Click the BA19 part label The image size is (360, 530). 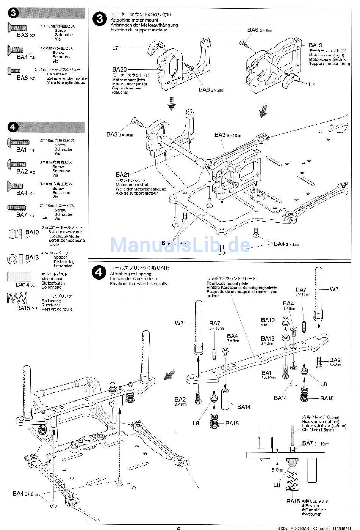pyautogui.click(x=315, y=45)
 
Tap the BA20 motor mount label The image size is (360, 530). pyautogui.click(x=119, y=69)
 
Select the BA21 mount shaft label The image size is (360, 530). pyautogui.click(x=122, y=175)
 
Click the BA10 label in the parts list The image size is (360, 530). pyautogui.click(x=32, y=232)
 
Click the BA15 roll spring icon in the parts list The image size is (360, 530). pyautogui.click(x=17, y=299)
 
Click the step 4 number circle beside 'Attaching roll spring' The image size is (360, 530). pyautogui.click(x=99, y=272)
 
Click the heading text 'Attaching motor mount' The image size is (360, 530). pyautogui.click(x=135, y=20)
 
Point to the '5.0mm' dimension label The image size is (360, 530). pyautogui.click(x=277, y=470)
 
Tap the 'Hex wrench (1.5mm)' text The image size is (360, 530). pyautogui.click(x=321, y=421)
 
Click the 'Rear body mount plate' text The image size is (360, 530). pyautogui.click(x=227, y=283)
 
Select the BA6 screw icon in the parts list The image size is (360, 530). pyautogui.click(x=13, y=71)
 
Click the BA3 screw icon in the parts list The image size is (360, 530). pyautogui.click(x=17, y=27)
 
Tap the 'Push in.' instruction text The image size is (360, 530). pyautogui.click(x=312, y=505)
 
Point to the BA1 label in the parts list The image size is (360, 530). pyautogui.click(x=22, y=149)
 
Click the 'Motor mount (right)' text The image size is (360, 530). pyautogui.click(x=326, y=55)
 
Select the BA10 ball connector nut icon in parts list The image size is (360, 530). pyautogui.click(x=15, y=233)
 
